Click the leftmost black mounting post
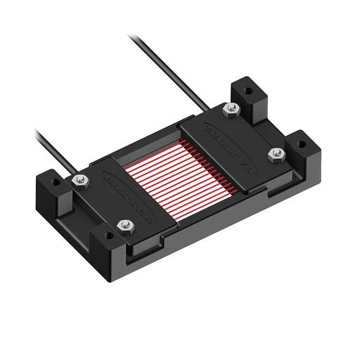click(x=56, y=197)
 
